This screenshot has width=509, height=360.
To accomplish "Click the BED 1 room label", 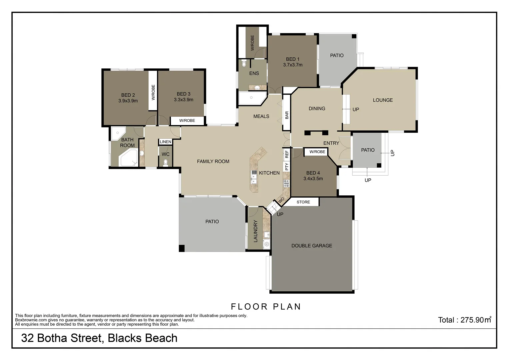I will (x=292, y=59).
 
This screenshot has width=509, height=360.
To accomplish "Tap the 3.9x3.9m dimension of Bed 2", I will (x=128, y=101).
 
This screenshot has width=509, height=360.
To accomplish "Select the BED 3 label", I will (x=183, y=94).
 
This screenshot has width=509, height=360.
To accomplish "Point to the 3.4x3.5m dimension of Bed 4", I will (x=313, y=179).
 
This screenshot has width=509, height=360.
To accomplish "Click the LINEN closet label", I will (x=165, y=142).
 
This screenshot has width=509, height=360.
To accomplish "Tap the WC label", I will (x=166, y=154).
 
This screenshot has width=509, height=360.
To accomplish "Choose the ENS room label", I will (x=254, y=73).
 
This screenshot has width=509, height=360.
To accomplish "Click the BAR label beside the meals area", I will (x=287, y=115).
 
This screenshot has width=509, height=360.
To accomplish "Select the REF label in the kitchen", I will (x=287, y=154).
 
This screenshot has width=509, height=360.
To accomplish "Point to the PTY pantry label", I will (x=287, y=166).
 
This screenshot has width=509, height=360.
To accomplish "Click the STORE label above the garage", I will (x=303, y=202).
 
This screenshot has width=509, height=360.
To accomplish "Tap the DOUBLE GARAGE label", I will (x=312, y=246).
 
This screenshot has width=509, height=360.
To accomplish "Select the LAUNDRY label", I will (x=256, y=231).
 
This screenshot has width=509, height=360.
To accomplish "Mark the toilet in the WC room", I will (x=166, y=162).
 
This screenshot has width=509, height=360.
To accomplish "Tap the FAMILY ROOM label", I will (x=213, y=161).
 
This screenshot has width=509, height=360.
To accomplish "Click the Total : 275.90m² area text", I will (x=464, y=320).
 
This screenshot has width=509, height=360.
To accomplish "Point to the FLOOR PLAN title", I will (x=266, y=307).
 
